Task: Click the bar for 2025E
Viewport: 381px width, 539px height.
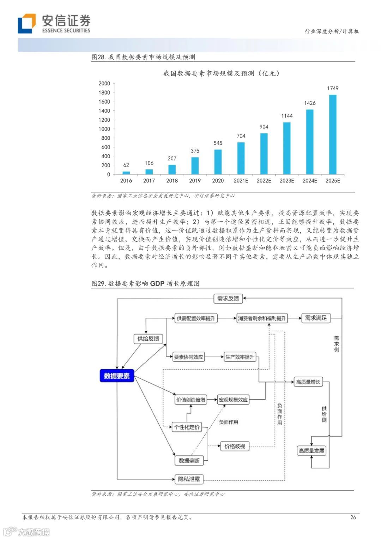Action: (333, 134)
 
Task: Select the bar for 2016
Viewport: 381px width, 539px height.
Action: (126, 173)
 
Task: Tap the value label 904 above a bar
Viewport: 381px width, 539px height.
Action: (264, 127)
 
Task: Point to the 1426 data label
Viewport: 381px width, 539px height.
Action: (310, 103)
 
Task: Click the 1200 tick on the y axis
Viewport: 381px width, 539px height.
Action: (104, 120)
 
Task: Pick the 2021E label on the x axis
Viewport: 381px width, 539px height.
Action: (241, 181)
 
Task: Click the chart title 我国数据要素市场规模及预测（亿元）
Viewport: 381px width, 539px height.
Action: (221, 73)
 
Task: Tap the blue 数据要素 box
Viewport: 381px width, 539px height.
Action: (117, 376)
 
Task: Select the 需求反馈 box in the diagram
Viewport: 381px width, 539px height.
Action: (228, 299)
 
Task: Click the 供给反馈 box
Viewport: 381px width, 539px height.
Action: (148, 339)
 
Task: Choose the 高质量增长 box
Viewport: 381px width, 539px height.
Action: (308, 382)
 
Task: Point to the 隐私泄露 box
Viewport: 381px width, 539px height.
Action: (189, 479)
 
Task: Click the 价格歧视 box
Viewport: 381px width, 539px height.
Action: (235, 446)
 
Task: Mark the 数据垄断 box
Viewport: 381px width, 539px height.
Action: (189, 460)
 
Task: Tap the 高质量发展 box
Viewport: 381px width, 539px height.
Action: (311, 451)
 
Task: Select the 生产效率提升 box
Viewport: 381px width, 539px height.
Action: (240, 357)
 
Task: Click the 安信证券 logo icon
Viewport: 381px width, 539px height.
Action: (27, 23)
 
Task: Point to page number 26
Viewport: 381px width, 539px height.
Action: (353, 517)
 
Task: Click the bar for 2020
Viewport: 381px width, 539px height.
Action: (218, 162)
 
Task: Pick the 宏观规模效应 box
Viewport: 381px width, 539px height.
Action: (233, 400)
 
